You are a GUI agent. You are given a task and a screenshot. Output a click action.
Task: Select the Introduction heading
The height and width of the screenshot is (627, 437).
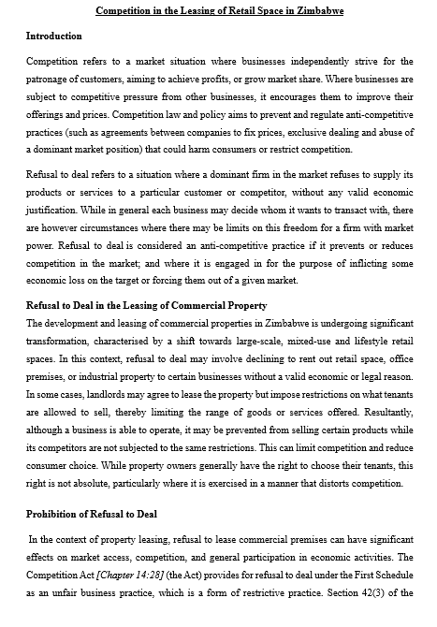(x=53, y=36)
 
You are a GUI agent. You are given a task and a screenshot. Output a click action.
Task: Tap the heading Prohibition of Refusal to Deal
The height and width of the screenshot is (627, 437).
(x=92, y=515)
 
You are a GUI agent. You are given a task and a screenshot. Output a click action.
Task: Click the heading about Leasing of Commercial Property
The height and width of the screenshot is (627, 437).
(x=146, y=305)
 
